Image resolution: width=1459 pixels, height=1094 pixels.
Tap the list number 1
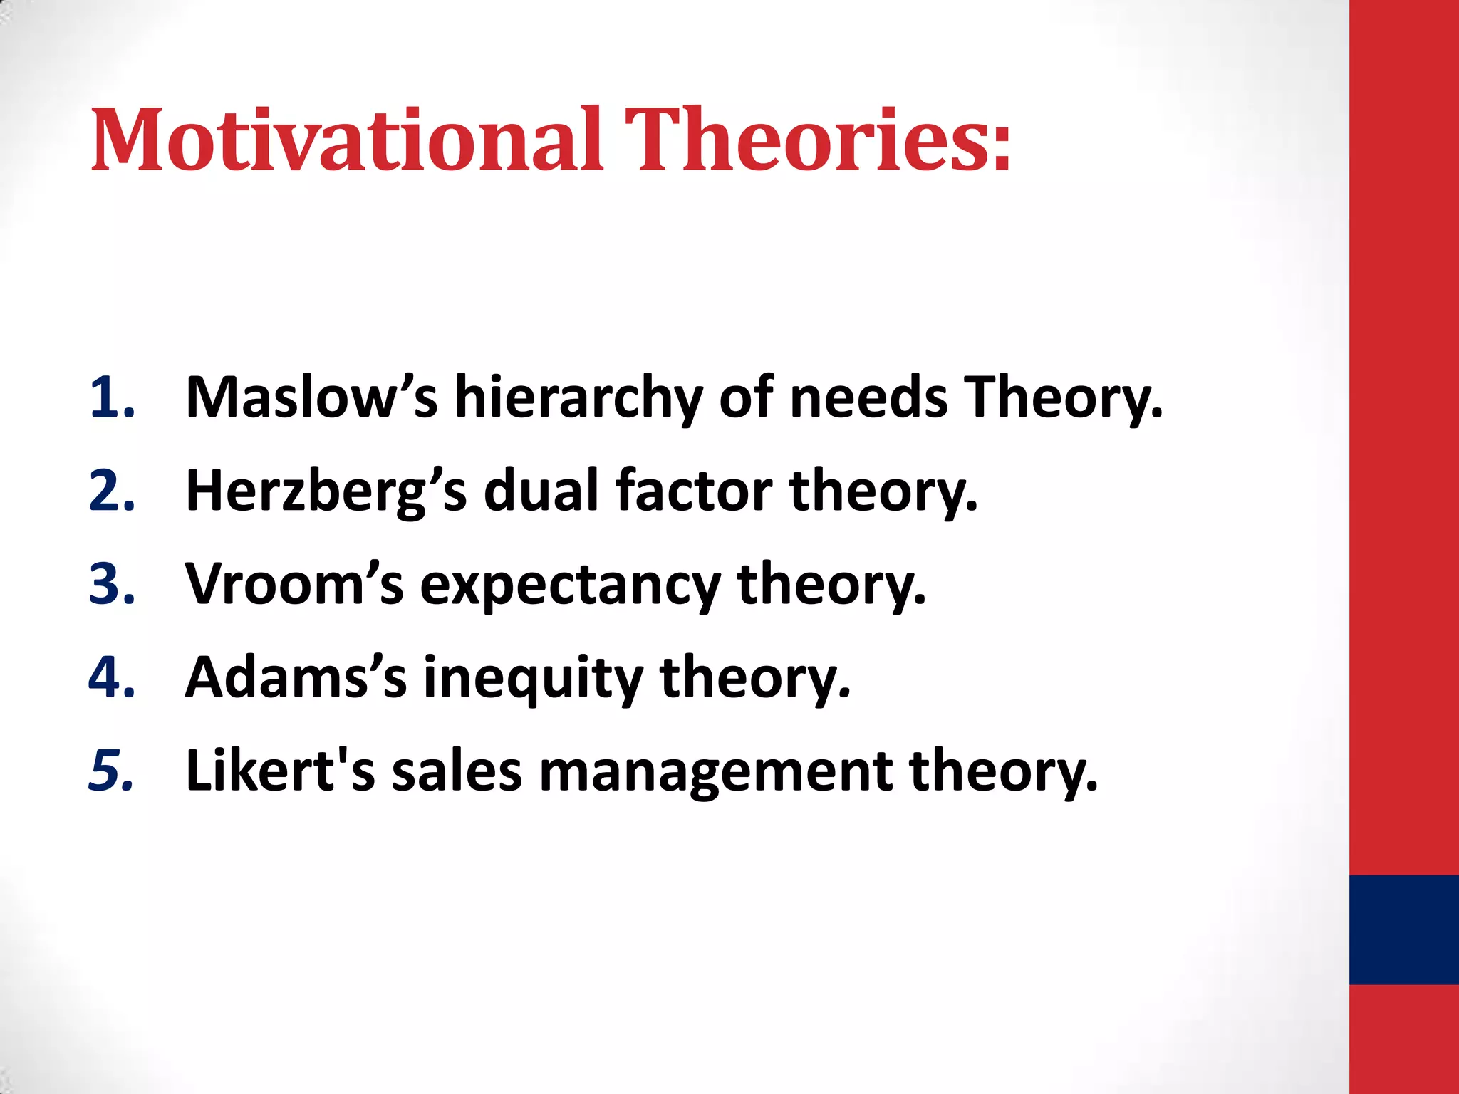pyautogui.click(x=112, y=397)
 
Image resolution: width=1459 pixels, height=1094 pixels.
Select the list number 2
pyautogui.click(x=112, y=491)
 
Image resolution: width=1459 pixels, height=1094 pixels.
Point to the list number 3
pyautogui.click(x=112, y=584)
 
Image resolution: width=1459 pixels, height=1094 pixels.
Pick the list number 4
pyautogui.click(x=112, y=677)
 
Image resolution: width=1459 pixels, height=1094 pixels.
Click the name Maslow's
pyautogui.click(x=311, y=397)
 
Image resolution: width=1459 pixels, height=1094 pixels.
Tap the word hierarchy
pyautogui.click(x=578, y=397)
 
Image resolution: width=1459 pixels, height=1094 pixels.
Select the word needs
pyautogui.click(x=868, y=397)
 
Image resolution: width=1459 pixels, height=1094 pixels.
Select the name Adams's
pyautogui.click(x=296, y=677)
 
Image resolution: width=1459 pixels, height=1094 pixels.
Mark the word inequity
pyautogui.click(x=533, y=677)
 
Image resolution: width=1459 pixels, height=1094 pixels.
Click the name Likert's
pyautogui.click(x=280, y=771)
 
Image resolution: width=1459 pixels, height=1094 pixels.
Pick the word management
pyautogui.click(x=715, y=771)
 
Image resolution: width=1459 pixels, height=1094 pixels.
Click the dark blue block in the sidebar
pyautogui.click(x=1403, y=929)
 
